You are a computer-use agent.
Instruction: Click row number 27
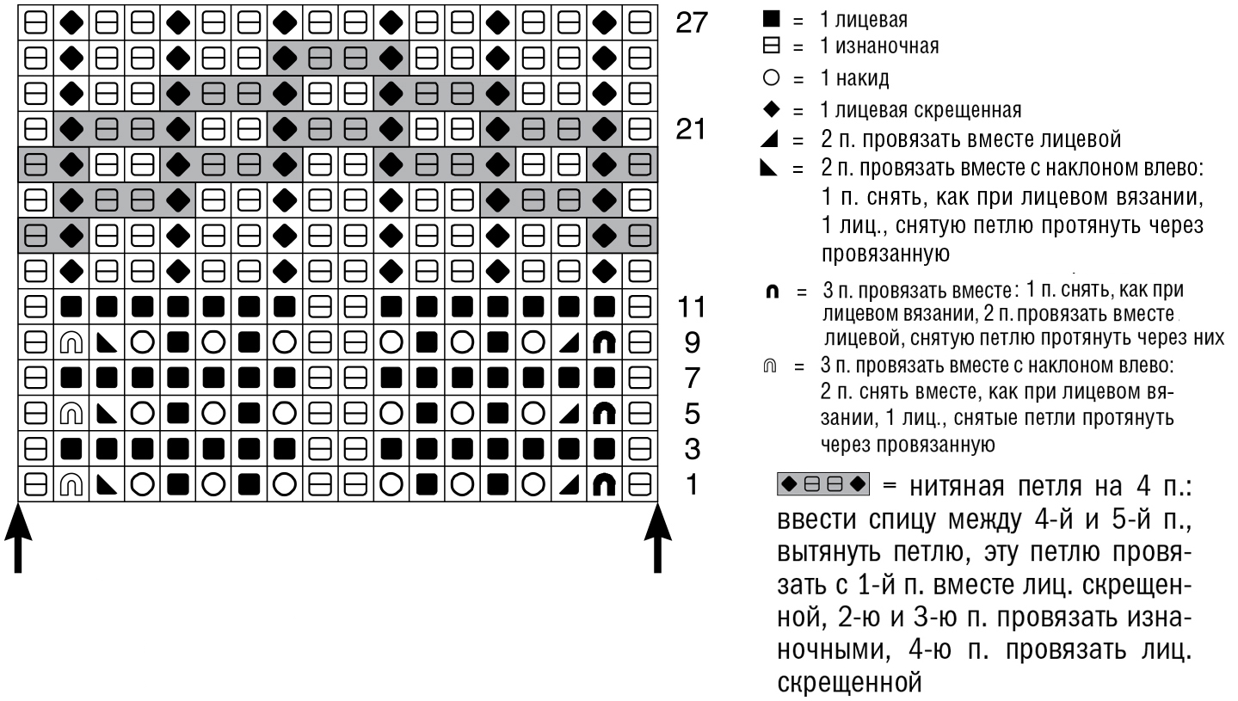pyautogui.click(x=691, y=22)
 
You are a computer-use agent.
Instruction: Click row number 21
pyautogui.click(x=691, y=130)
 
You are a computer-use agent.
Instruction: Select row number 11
pyautogui.click(x=691, y=306)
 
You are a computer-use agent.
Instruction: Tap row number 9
pyautogui.click(x=692, y=342)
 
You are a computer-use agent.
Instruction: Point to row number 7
pyautogui.click(x=692, y=378)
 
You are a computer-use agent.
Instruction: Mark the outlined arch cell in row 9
pyautogui.click(x=71, y=342)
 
